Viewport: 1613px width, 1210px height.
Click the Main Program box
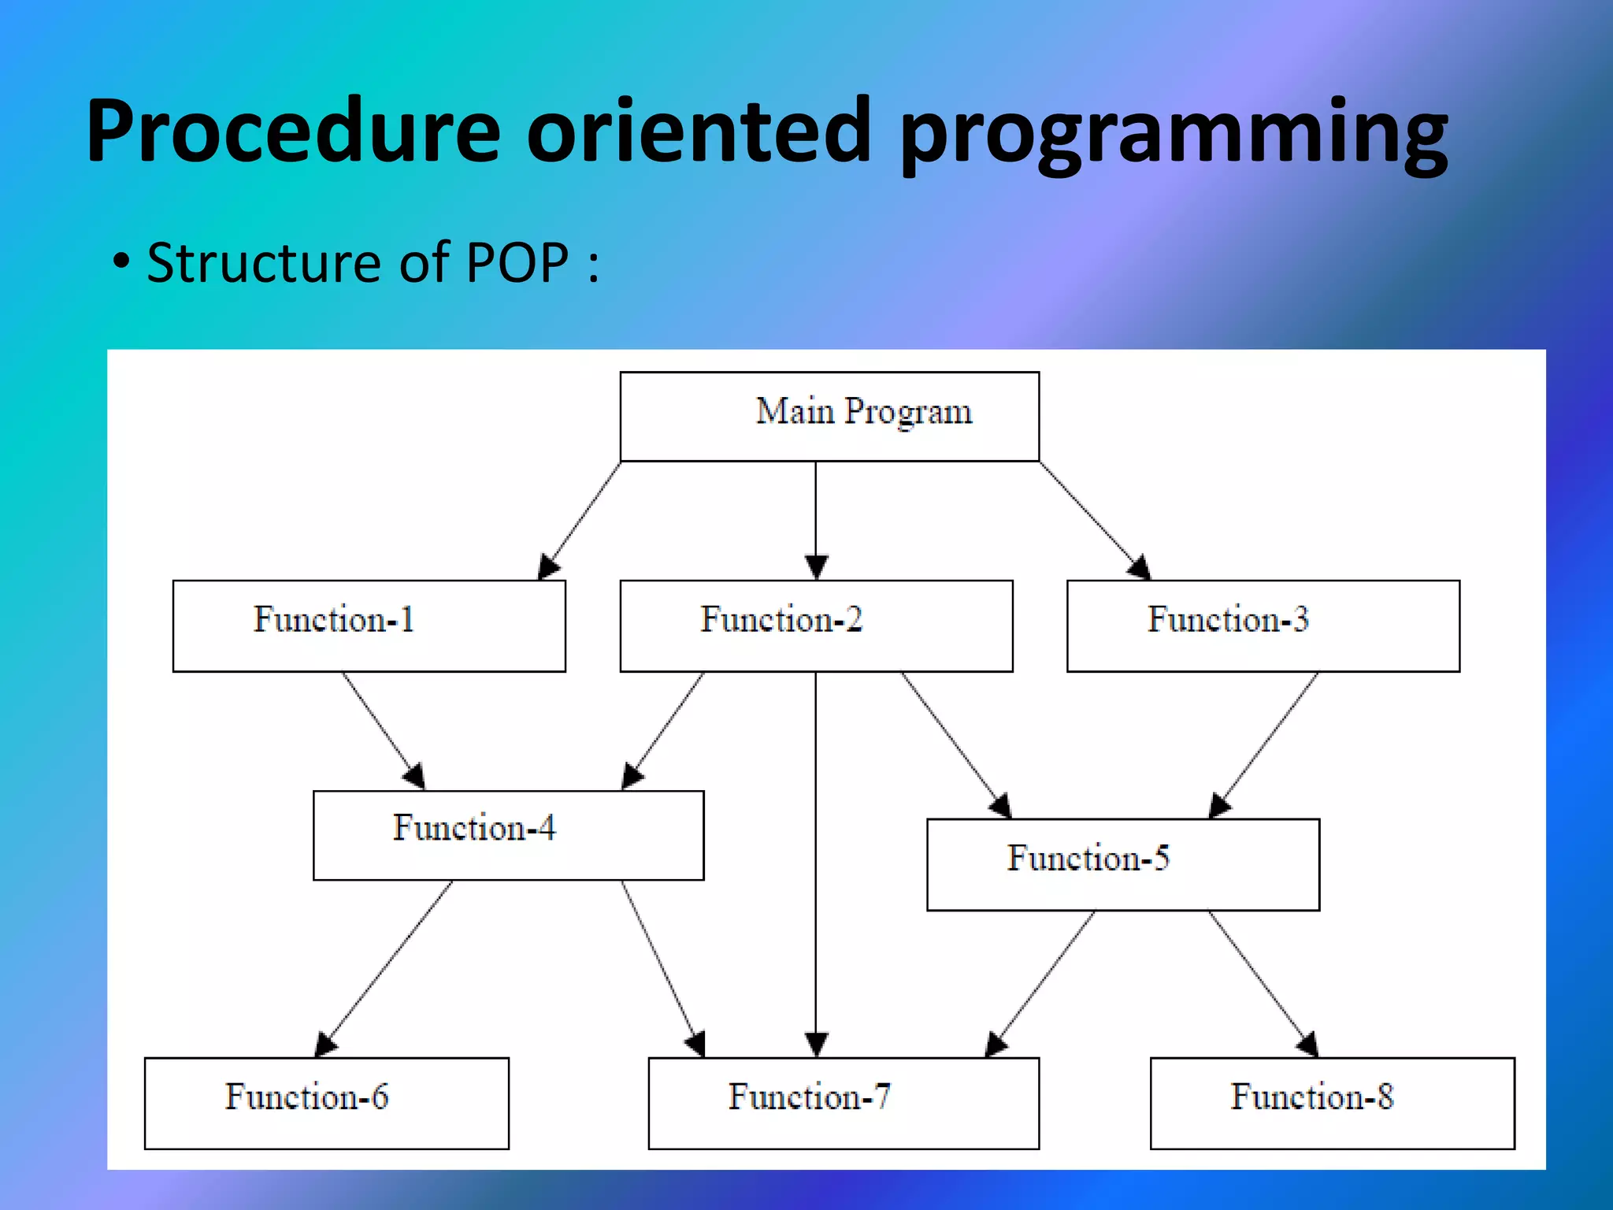(x=829, y=416)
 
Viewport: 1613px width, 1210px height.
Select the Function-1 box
(x=369, y=625)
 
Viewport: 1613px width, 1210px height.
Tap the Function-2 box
(x=816, y=625)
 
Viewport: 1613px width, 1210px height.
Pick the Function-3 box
(x=1263, y=625)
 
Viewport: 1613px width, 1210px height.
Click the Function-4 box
(x=508, y=835)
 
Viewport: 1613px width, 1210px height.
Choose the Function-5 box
(x=1122, y=864)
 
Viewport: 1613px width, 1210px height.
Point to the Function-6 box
(x=326, y=1102)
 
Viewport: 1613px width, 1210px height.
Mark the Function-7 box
(x=843, y=1102)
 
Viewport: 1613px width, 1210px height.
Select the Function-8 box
(x=1332, y=1102)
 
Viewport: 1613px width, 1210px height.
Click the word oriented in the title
(x=699, y=130)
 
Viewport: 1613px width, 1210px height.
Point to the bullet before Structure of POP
(x=121, y=263)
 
